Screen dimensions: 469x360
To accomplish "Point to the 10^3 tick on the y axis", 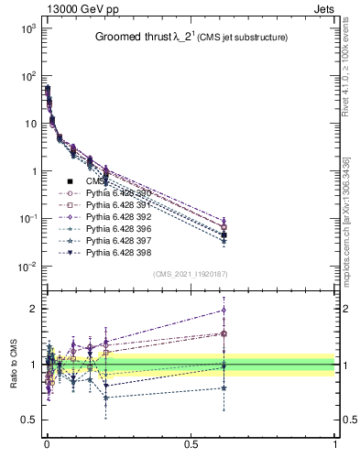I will pyautogui.click(x=26, y=28).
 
